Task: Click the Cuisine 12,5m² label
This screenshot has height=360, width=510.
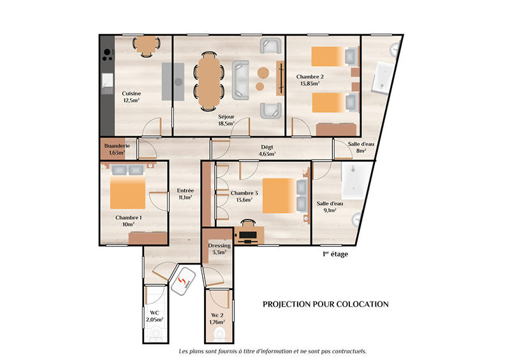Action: (x=131, y=97)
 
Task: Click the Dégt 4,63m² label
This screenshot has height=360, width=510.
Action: (x=266, y=150)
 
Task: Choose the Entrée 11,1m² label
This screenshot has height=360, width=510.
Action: (x=186, y=194)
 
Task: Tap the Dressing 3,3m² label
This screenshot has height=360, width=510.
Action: (x=219, y=249)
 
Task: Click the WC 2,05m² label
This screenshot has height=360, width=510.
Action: (x=154, y=316)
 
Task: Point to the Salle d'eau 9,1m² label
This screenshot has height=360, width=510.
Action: (x=330, y=206)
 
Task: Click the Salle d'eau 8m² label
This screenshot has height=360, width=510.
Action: (x=361, y=147)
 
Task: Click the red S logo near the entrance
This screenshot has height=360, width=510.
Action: (x=184, y=281)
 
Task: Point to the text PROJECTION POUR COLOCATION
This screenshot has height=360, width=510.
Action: (x=326, y=304)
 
